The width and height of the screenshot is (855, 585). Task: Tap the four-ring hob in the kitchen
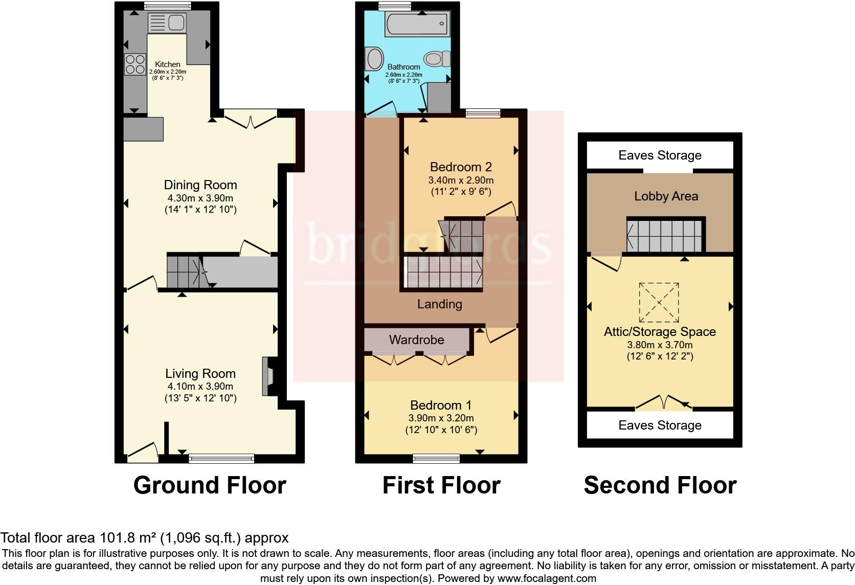click(135, 64)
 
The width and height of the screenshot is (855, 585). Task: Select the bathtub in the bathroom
click(418, 24)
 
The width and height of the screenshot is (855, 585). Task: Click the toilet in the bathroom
click(437, 59)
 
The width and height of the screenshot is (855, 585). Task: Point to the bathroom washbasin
click(374, 59)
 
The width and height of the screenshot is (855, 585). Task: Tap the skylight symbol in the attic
click(659, 303)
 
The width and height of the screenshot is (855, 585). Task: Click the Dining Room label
click(200, 185)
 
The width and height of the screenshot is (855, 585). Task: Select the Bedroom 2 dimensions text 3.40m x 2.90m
click(461, 180)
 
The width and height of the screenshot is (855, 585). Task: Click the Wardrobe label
click(416, 340)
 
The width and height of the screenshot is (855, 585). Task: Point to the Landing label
click(439, 304)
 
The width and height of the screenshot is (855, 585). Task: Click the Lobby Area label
click(666, 196)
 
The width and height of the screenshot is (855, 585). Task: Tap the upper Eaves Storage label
click(660, 155)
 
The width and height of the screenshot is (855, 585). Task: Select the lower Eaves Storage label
click(660, 425)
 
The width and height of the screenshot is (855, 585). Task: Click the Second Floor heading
click(660, 485)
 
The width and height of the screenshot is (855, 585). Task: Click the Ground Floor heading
click(210, 485)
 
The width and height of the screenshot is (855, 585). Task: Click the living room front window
click(221, 458)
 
